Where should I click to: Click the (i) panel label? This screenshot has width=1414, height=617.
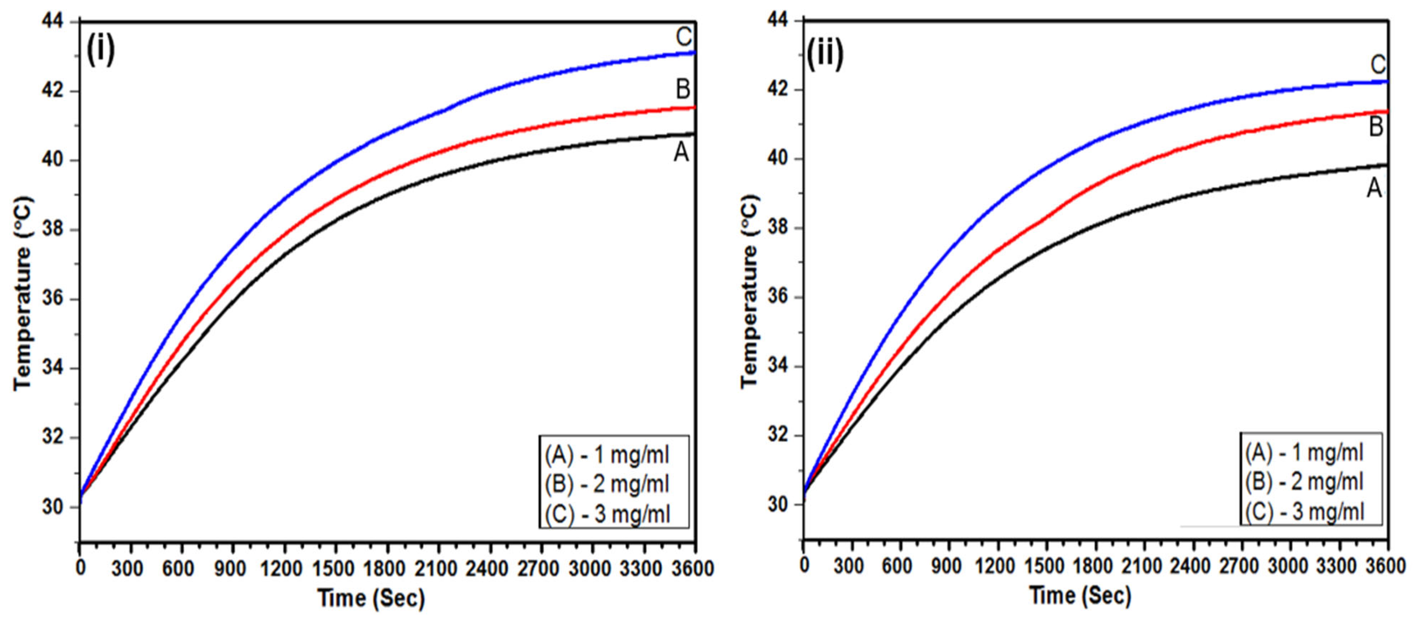pos(101,50)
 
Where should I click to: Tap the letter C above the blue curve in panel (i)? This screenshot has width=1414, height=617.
pos(684,37)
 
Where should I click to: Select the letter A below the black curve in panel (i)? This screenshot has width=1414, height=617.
pos(681,153)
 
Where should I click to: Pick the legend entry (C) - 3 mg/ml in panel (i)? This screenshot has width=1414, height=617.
pos(608,514)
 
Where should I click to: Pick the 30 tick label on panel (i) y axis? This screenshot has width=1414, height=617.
pos(53,507)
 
